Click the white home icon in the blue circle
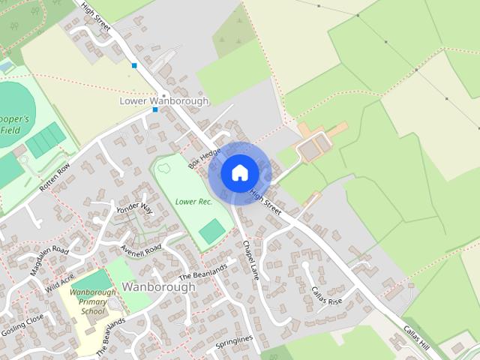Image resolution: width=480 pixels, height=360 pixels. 239,173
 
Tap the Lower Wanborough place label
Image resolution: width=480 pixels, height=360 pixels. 164,100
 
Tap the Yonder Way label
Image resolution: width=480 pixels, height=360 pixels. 135,208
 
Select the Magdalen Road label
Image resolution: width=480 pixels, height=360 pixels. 51,260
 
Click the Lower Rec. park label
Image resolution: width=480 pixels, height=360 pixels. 193,202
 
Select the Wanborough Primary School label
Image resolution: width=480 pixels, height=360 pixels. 94,301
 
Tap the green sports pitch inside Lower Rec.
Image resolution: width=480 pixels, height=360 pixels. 212,230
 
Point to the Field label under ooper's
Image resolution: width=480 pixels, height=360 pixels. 10,130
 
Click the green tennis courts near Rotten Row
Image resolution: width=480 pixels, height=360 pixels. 46,139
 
